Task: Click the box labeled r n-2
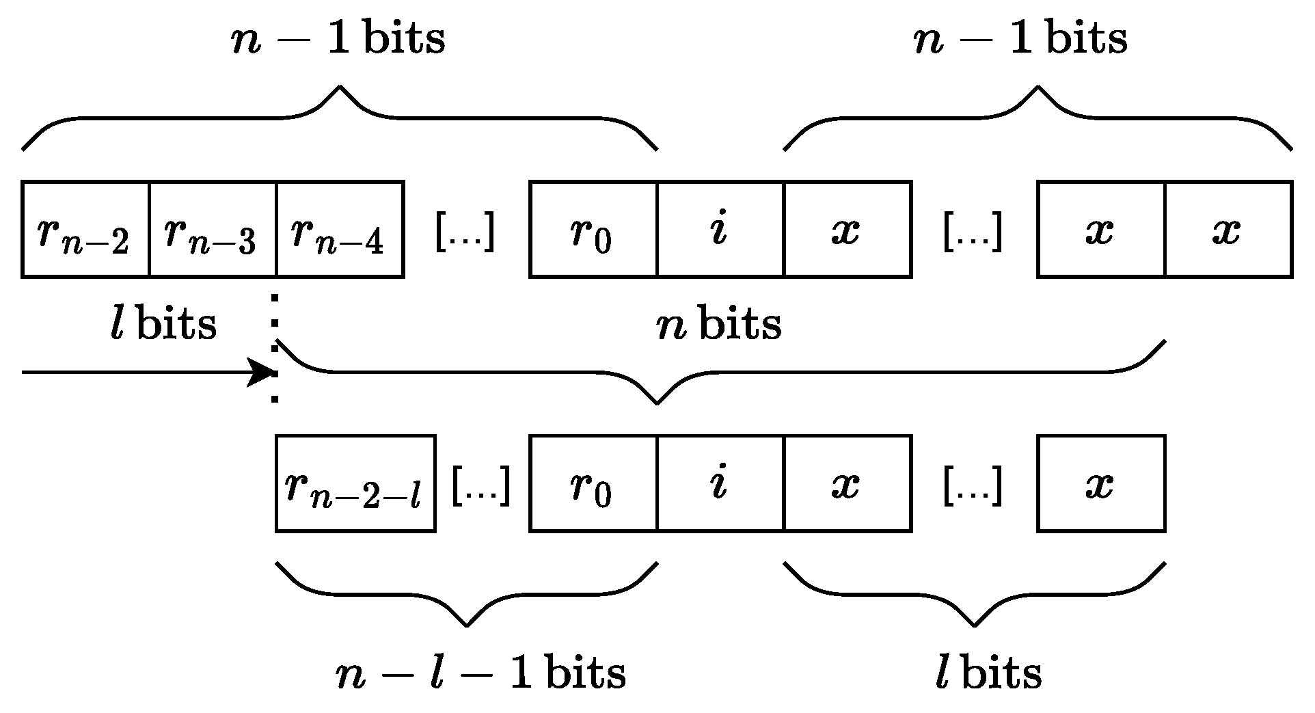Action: (85, 230)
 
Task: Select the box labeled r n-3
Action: (213, 230)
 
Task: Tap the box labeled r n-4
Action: (340, 230)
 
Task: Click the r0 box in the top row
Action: (593, 230)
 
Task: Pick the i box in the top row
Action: (720, 230)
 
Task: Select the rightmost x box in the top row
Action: (1228, 230)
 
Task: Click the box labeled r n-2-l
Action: (355, 483)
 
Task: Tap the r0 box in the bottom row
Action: (593, 483)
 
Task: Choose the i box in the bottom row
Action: (720, 483)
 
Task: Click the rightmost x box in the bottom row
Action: (1101, 483)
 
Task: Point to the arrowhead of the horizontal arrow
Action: (263, 373)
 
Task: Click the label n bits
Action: (719, 324)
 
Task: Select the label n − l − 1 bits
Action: (480, 673)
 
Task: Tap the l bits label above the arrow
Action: (163, 324)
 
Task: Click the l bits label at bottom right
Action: (988, 673)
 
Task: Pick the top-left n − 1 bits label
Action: (338, 39)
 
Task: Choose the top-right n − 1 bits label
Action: (1020, 39)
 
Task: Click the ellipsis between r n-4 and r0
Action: (465, 232)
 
